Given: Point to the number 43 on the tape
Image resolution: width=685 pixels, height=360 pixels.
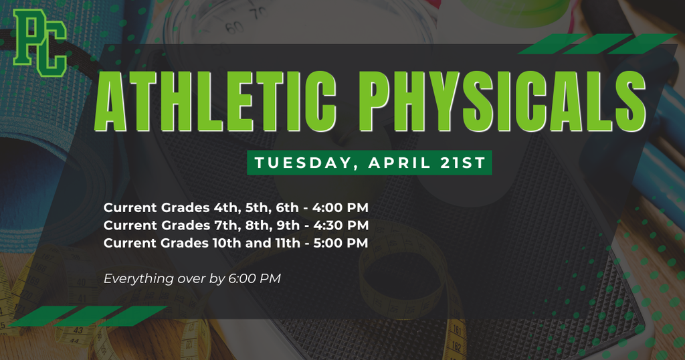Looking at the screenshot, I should click(x=78, y=331).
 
